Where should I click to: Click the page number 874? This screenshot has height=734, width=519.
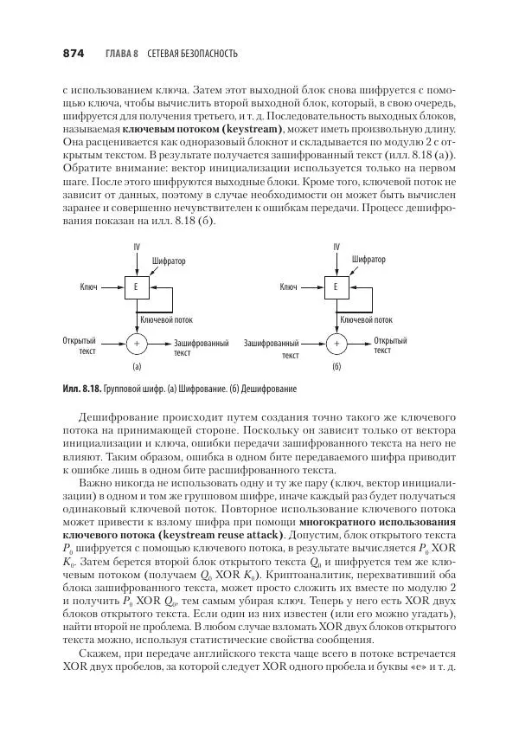74,54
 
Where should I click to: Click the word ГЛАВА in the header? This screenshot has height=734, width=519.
118,54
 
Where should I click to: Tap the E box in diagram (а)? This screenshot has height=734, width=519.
136,287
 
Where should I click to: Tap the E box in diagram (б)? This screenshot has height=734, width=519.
336,287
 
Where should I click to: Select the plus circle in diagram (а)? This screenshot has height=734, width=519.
136,344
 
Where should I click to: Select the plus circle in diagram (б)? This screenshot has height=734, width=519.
336,344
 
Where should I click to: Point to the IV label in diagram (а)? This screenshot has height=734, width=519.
136,248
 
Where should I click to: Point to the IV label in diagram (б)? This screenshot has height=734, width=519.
336,248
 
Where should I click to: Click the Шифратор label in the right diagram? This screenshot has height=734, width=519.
369,259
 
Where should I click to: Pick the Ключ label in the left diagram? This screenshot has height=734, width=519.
88,287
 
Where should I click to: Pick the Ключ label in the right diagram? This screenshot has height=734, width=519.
289,287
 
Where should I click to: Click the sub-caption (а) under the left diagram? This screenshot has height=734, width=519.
136,367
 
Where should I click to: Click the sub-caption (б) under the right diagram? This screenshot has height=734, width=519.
336,367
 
